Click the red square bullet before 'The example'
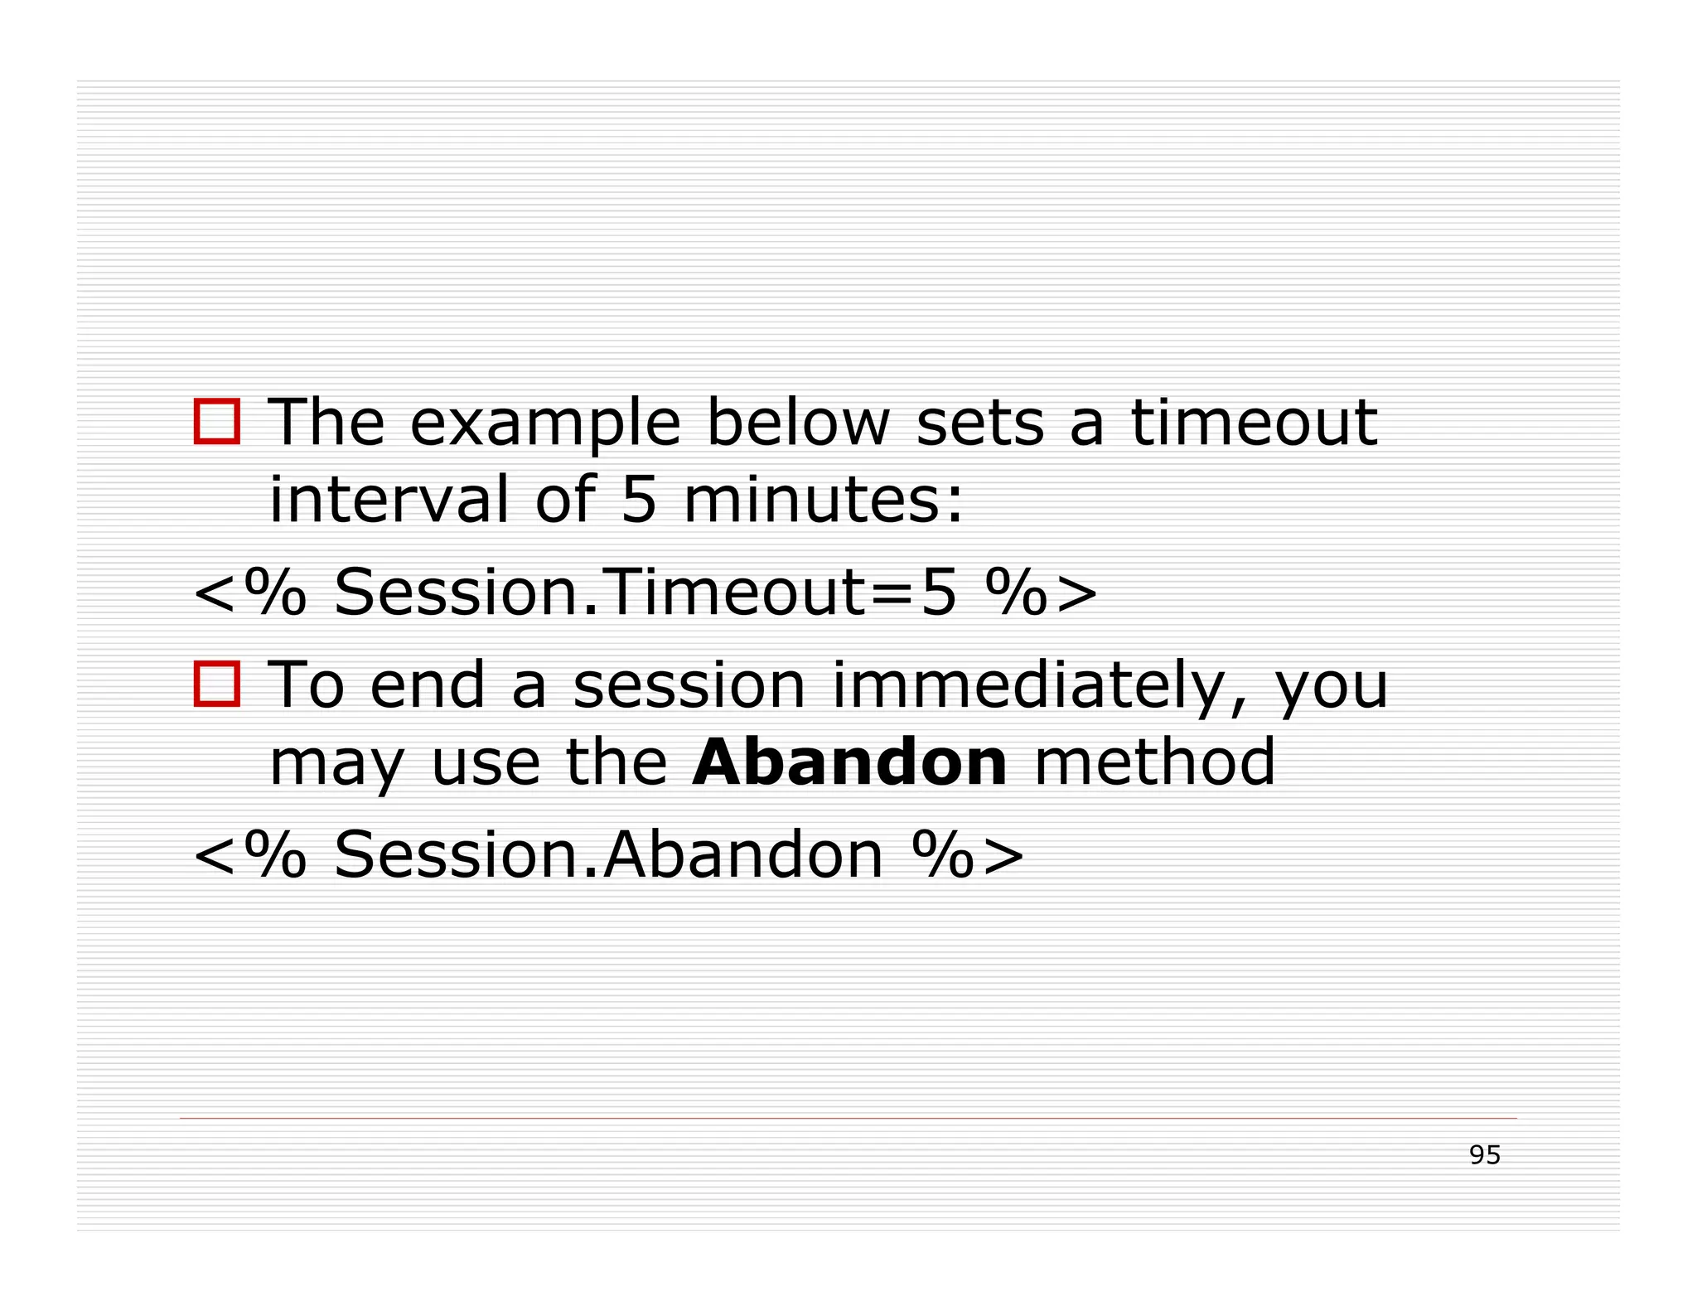point(217,422)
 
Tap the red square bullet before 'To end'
point(217,685)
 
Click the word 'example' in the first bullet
point(544,424)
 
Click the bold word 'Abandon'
point(849,762)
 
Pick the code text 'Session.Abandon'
point(608,854)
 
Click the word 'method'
point(1155,762)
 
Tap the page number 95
point(1484,1155)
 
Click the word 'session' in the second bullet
point(689,686)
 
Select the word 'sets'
point(980,424)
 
